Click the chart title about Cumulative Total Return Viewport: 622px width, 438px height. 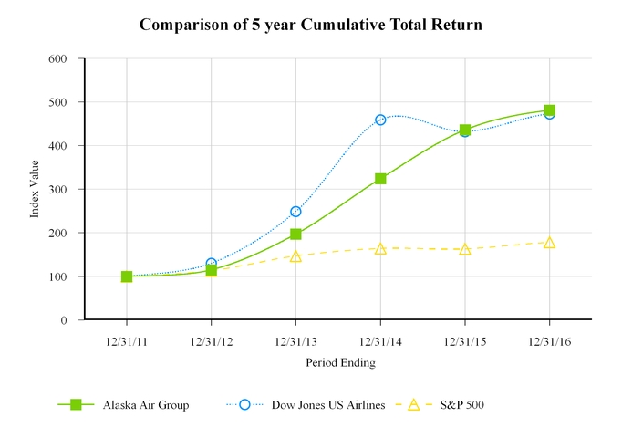311,25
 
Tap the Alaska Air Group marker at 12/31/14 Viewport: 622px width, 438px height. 380,179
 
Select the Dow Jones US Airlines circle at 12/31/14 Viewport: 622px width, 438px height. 380,120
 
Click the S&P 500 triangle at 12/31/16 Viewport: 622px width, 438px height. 549,243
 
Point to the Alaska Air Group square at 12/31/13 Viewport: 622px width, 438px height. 295,235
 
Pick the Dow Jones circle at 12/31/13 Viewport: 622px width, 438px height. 295,212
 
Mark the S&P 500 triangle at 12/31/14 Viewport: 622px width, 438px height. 380,248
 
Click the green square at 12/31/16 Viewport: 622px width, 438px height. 549,110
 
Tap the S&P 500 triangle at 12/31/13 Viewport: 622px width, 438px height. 295,256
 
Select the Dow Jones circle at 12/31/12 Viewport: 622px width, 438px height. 212,264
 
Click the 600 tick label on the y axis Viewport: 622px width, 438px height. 57,58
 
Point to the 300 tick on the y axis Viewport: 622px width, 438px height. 57,190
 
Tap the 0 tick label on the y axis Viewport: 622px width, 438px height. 63,320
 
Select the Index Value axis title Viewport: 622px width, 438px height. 35,189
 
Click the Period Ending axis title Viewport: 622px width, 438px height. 339,362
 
